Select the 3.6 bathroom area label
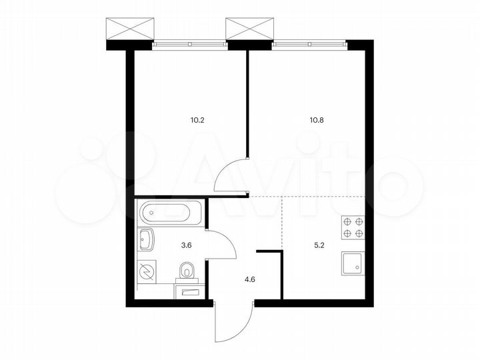tap(188, 245)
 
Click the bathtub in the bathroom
tap(167, 213)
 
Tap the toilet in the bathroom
tap(187, 271)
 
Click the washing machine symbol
tap(147, 271)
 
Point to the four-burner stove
tap(351, 228)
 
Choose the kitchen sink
tap(351, 263)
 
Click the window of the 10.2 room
tap(189, 45)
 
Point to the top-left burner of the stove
tap(346, 223)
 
